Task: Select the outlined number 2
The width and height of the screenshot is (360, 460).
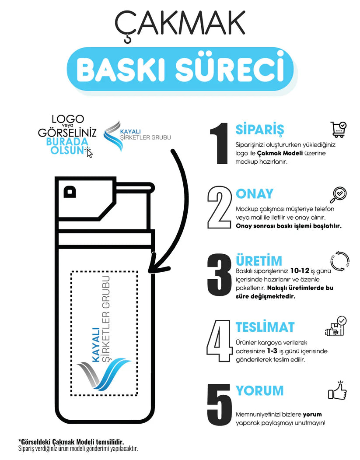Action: coord(219,207)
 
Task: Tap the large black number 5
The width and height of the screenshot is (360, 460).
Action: coord(220,404)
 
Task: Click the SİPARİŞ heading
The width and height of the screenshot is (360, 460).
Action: coord(260,130)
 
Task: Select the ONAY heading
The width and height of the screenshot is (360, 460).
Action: coord(254,194)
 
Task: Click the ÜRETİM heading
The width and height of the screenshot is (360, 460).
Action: coord(259,261)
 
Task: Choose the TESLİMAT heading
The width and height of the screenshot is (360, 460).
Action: coord(265,327)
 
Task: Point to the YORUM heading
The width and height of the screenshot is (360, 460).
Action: coord(259,390)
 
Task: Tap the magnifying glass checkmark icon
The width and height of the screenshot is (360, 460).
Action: coord(338,195)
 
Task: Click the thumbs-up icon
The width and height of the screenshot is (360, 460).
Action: coord(337,390)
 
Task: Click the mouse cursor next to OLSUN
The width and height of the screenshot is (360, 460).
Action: coord(89,153)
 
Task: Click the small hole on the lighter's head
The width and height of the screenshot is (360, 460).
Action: coord(69,191)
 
